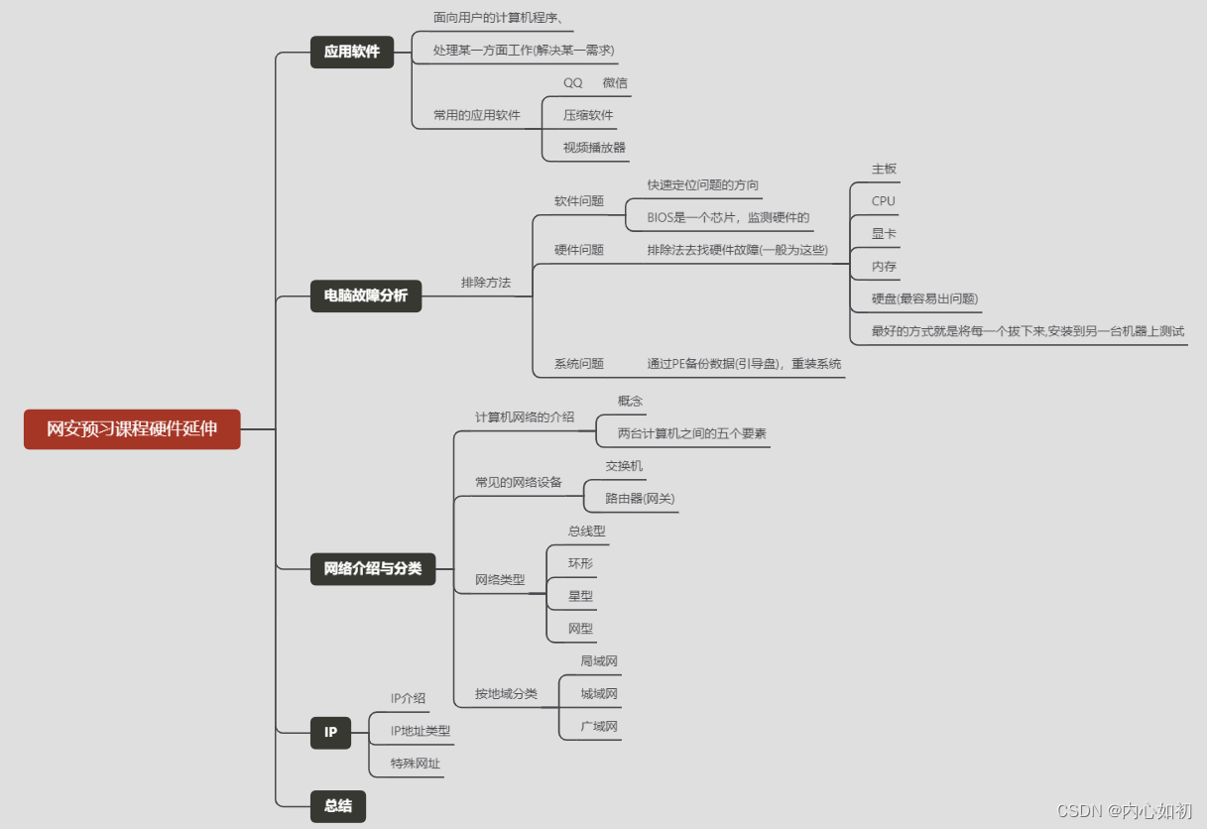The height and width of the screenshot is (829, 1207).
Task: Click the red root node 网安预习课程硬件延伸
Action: click(x=132, y=429)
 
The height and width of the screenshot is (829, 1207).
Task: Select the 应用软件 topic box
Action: click(x=352, y=52)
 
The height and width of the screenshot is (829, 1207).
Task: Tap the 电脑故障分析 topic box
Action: click(x=366, y=296)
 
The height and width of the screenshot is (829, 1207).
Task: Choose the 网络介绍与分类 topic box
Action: click(x=373, y=568)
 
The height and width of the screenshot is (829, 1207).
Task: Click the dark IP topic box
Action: click(x=330, y=733)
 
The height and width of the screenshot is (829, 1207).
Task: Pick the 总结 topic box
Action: click(x=338, y=806)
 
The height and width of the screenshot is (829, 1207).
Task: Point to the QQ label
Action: click(x=573, y=83)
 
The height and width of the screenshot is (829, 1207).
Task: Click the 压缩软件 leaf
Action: click(x=588, y=115)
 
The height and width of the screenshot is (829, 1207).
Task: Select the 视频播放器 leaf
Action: click(x=594, y=148)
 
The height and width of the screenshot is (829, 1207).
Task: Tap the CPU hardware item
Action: click(x=883, y=201)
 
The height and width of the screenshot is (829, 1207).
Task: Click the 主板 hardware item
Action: click(x=884, y=169)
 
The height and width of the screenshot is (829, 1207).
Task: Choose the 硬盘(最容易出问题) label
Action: click(x=924, y=299)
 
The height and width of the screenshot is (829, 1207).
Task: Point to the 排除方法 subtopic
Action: click(x=486, y=283)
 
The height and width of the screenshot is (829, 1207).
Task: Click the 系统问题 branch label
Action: click(x=579, y=364)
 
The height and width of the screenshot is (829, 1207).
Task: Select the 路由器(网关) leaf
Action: click(x=640, y=499)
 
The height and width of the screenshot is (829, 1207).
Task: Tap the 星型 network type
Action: click(x=580, y=596)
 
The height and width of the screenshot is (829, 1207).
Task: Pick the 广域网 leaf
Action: click(x=599, y=727)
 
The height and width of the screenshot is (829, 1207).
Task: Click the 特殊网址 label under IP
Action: click(x=416, y=764)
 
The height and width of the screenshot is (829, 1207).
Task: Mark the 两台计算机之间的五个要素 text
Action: click(x=691, y=433)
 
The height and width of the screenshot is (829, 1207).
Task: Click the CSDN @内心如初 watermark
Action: click(x=1124, y=811)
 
